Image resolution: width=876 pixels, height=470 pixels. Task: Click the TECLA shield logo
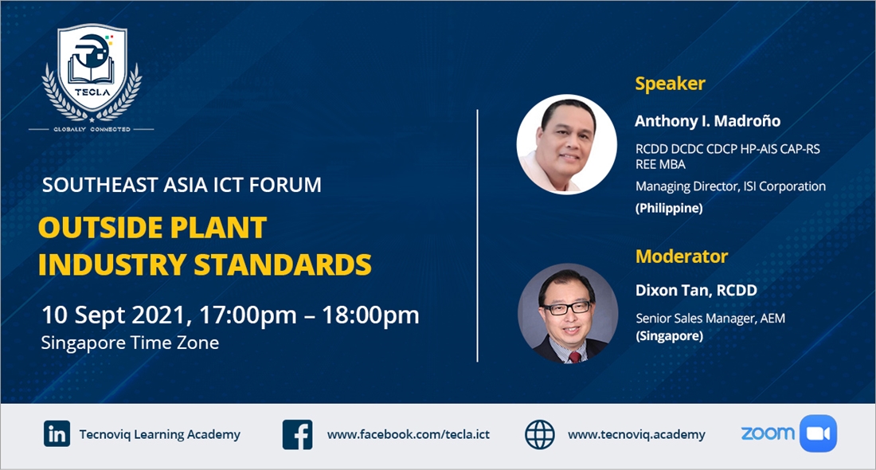[x=92, y=72]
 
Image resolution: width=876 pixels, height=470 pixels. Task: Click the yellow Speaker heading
[x=670, y=84]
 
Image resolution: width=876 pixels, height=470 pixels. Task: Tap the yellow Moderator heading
[x=682, y=256]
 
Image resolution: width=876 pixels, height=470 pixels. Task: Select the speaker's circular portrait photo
[x=566, y=144]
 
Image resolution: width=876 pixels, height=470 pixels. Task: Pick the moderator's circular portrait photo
[x=568, y=314]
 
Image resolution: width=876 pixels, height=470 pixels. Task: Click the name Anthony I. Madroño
[x=707, y=121]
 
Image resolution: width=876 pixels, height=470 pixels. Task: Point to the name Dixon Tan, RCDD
[x=696, y=290]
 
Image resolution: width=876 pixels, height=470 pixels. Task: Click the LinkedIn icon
[x=57, y=433]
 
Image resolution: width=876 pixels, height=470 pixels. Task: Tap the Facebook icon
[x=297, y=435]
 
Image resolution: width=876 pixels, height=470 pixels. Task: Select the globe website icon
[x=540, y=435]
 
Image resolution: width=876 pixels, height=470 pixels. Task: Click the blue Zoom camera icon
[x=818, y=433]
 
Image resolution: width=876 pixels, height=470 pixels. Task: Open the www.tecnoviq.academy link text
[x=636, y=434]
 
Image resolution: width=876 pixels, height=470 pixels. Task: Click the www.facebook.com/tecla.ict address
[x=409, y=434]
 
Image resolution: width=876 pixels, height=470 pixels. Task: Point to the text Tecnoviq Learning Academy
[x=160, y=435]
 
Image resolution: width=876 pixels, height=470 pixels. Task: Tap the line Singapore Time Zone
[x=130, y=343]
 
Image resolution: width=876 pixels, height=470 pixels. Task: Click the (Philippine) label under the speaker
[x=669, y=209]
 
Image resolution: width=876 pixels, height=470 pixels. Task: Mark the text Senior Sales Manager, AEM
[x=710, y=319]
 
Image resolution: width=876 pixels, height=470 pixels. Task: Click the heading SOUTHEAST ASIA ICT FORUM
[x=182, y=185]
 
